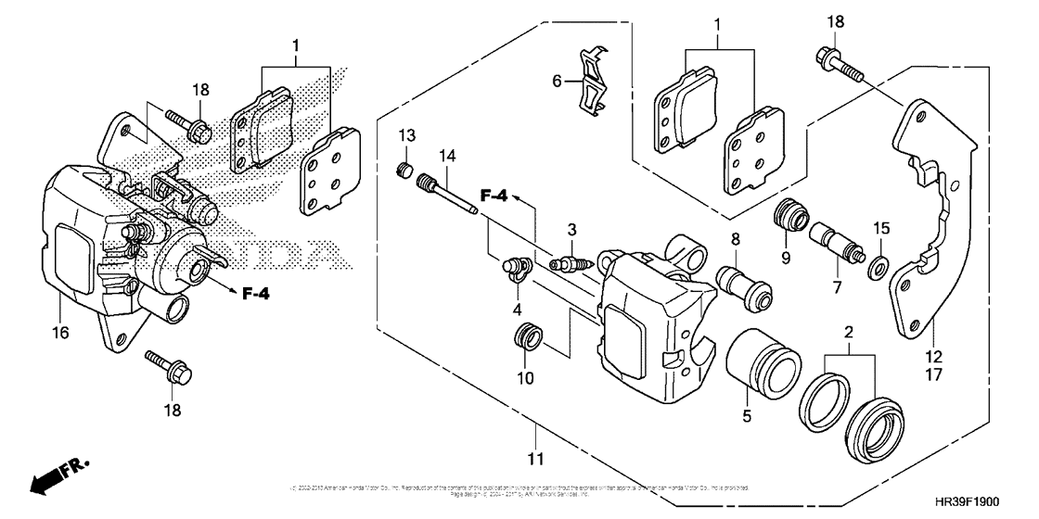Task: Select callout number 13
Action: tap(406, 137)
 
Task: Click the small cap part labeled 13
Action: tap(404, 169)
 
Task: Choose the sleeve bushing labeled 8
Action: tap(744, 283)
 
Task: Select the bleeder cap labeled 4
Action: tap(512, 270)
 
